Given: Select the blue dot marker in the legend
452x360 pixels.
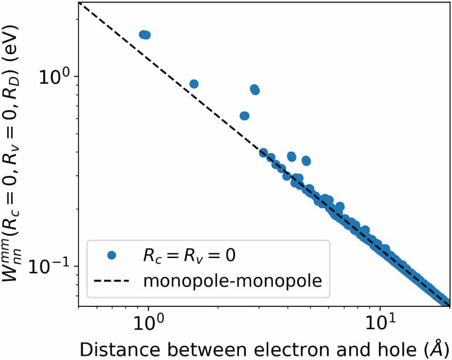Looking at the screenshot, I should pyautogui.click(x=112, y=255).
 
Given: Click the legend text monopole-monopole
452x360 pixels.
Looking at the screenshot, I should pyautogui.click(x=232, y=281).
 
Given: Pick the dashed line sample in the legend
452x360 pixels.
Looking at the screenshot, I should pyautogui.click(x=112, y=281).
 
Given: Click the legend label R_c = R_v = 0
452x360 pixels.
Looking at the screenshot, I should pyautogui.click(x=189, y=255).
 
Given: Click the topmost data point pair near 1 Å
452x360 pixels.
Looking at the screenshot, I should pyautogui.click(x=145, y=35).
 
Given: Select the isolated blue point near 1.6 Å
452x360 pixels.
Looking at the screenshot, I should pyautogui.click(x=193, y=84).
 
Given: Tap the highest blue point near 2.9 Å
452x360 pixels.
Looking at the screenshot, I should pyautogui.click(x=255, y=89).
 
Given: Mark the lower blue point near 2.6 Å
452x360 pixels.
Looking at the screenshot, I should pyautogui.click(x=244, y=116).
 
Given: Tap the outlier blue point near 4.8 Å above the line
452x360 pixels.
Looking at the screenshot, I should pyautogui.click(x=306, y=161).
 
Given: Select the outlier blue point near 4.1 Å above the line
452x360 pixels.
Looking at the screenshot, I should pyautogui.click(x=291, y=157).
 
